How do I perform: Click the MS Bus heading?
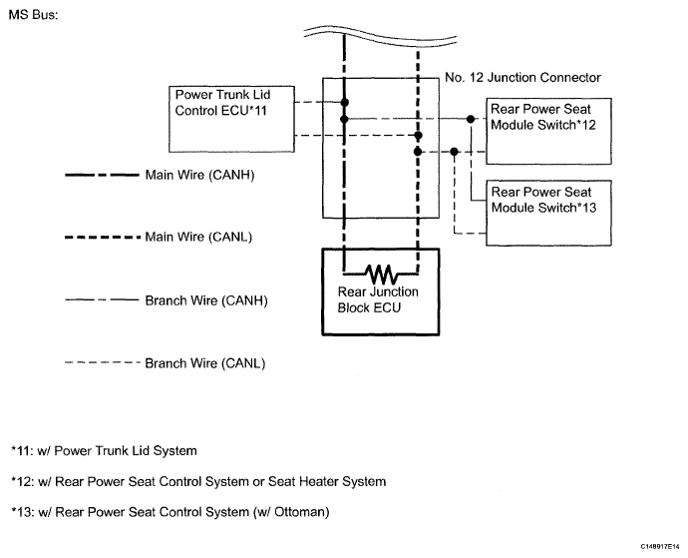pyautogui.click(x=33, y=15)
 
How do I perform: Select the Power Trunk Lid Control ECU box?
pyautogui.click(x=231, y=119)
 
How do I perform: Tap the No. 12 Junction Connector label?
pyautogui.click(x=522, y=78)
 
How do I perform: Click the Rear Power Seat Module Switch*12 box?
pyautogui.click(x=548, y=132)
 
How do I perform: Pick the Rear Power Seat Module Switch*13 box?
pyautogui.click(x=548, y=213)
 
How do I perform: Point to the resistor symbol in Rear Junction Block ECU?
pyautogui.click(x=381, y=275)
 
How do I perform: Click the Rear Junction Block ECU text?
pyautogui.click(x=378, y=299)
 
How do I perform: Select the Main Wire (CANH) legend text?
pyautogui.click(x=199, y=175)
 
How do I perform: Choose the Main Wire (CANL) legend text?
pyautogui.click(x=198, y=237)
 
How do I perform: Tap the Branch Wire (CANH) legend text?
pyautogui.click(x=206, y=300)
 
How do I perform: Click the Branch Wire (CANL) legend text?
pyautogui.click(x=205, y=363)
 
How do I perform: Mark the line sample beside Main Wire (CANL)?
pyautogui.click(x=103, y=238)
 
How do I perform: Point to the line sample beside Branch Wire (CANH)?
pyautogui.click(x=102, y=300)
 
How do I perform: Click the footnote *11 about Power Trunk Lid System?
pyautogui.click(x=104, y=451)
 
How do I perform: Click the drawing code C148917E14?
pyautogui.click(x=659, y=547)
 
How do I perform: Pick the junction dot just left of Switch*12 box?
pyautogui.click(x=471, y=119)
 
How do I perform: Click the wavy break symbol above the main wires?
pyautogui.click(x=380, y=35)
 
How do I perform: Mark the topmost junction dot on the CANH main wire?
pyautogui.click(x=344, y=103)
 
